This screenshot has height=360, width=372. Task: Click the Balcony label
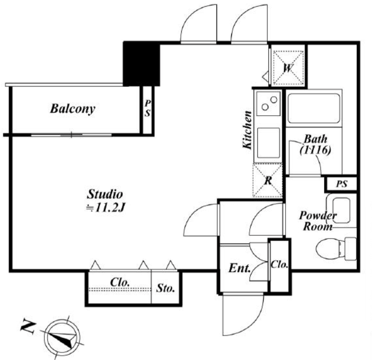73,109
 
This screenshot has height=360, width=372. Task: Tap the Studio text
105,194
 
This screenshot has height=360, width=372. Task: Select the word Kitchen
247,130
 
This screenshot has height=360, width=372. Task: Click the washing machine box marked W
288,69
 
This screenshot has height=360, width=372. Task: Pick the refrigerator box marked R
268,180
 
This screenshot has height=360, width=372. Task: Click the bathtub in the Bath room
313,108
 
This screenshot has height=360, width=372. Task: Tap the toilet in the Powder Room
336,249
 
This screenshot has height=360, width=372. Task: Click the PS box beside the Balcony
147,110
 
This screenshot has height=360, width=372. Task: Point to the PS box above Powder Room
341,184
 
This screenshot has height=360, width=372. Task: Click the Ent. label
240,268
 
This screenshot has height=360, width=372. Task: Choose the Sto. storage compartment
165,287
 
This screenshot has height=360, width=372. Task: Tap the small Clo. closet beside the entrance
279,266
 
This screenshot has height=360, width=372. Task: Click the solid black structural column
142,64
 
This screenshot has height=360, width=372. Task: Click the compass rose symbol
62,337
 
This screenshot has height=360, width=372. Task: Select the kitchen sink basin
268,143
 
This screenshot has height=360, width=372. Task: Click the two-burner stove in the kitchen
269,103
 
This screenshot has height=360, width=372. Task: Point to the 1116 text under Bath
315,150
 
